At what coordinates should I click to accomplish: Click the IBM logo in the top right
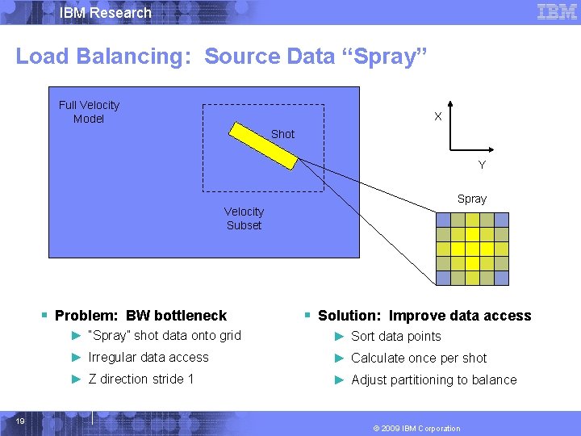click(557, 12)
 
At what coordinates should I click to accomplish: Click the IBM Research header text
click(106, 13)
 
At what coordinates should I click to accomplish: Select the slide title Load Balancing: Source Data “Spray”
click(221, 57)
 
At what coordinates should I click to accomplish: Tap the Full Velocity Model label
click(89, 112)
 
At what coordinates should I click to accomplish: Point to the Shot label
click(282, 134)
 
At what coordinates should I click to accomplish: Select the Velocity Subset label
click(244, 219)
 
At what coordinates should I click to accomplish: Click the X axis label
click(437, 116)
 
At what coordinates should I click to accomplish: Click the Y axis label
click(482, 165)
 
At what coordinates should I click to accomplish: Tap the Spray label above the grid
click(472, 199)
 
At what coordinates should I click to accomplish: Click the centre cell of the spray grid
click(472, 249)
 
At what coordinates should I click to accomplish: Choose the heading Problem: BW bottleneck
click(140, 316)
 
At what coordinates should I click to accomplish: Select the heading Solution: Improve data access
click(424, 316)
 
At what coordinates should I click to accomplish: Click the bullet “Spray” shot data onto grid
click(164, 336)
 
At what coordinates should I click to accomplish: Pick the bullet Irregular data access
click(148, 358)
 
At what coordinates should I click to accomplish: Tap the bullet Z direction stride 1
click(140, 379)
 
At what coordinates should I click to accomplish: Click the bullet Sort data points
click(395, 337)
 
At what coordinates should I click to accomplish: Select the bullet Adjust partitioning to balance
click(433, 380)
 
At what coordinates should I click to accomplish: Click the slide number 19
click(20, 421)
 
